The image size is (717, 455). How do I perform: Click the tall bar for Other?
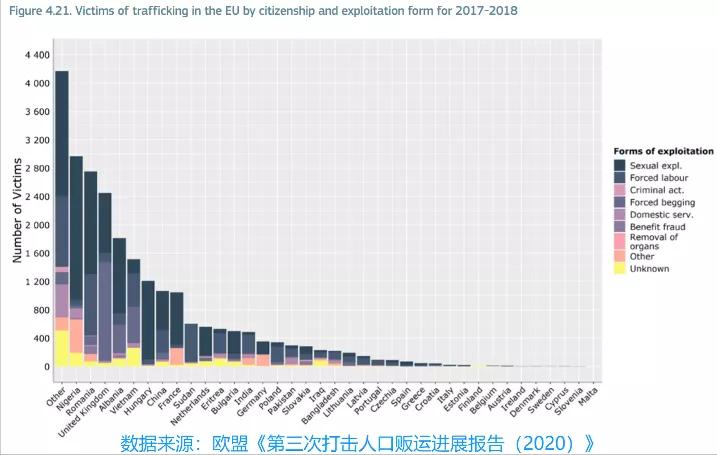coord(62,220)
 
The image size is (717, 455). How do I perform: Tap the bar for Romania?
coord(90,270)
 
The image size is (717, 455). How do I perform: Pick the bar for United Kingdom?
coord(105,280)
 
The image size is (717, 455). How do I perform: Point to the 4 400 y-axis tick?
coord(36,55)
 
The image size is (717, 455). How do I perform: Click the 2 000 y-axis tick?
coord(36,225)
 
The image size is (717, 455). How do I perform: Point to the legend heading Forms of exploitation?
coord(663,151)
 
